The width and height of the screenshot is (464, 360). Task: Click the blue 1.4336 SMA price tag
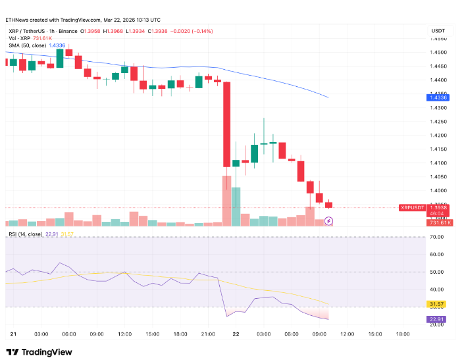click(x=438, y=97)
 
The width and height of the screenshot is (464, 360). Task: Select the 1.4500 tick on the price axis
click(x=438, y=52)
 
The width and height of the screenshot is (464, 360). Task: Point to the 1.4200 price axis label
click(x=438, y=135)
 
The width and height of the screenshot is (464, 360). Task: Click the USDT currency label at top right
click(x=438, y=31)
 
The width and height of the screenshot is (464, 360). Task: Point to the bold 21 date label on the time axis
click(x=13, y=334)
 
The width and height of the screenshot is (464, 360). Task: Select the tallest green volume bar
click(x=236, y=207)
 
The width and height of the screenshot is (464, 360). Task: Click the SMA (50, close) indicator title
click(x=27, y=45)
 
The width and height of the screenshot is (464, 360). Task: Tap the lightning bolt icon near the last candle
click(x=329, y=221)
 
